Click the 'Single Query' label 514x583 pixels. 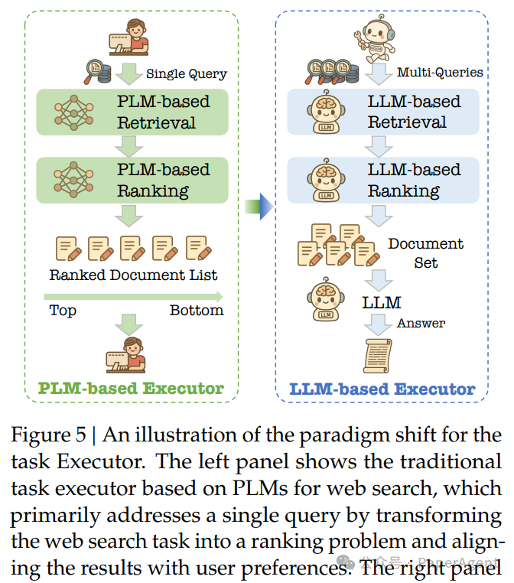click(x=186, y=74)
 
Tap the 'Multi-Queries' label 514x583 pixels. click(x=439, y=73)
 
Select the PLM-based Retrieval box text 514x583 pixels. click(x=163, y=112)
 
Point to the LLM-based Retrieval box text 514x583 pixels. click(x=414, y=112)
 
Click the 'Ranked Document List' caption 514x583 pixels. click(x=133, y=275)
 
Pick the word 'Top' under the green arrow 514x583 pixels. click(x=63, y=310)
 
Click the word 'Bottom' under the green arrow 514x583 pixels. click(x=197, y=310)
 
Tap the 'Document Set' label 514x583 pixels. click(x=425, y=252)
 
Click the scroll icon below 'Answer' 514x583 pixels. click(x=378, y=354)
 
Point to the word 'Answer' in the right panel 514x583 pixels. click(x=421, y=323)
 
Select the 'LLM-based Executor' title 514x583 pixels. click(x=382, y=389)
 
